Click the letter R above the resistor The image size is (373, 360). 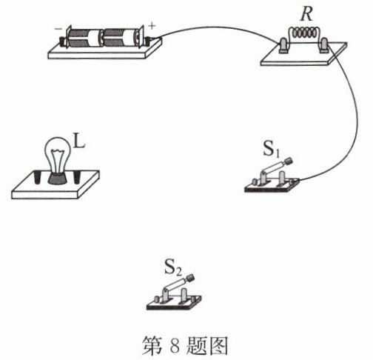coord(306,14)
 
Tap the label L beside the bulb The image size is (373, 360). coord(79,141)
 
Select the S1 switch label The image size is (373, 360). coord(272,149)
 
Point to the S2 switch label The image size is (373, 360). coord(173,267)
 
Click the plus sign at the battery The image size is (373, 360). coord(152,26)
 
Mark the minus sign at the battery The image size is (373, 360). coord(58,29)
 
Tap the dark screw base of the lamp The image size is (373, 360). coord(58,179)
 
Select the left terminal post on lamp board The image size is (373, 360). coord(37,177)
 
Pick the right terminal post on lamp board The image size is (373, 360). coord(77,177)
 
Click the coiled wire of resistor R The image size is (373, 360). coord(304,33)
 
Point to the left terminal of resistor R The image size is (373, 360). coord(283,45)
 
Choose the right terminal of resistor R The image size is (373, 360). coord(323,45)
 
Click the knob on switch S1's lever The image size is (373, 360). coord(289,161)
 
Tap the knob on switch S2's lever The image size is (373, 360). coord(190,278)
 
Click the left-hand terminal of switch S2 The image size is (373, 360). coord(157,300)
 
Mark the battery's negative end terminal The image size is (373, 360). coord(62,41)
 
